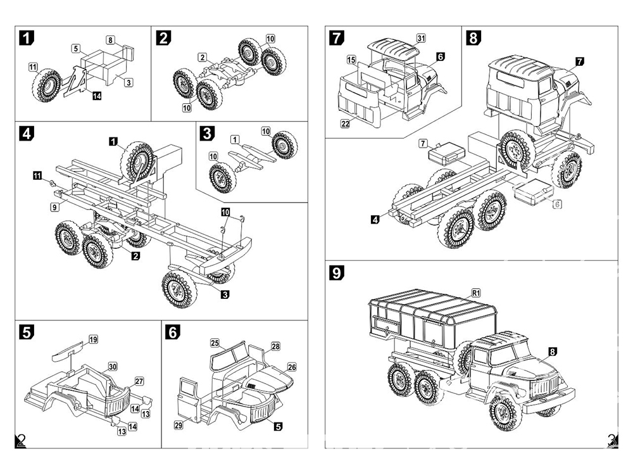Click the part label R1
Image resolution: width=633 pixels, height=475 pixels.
pos(477,293)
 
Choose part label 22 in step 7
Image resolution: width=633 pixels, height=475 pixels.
pos(345,123)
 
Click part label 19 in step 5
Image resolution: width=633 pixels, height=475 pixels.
pos(93,339)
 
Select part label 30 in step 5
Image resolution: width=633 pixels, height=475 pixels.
pos(113,367)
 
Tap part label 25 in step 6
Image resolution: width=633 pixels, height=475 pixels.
pos(215,343)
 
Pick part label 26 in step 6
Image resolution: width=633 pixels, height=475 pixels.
pos(292,366)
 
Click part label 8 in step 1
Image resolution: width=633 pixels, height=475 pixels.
pos(110,40)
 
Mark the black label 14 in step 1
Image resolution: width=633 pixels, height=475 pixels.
pos(96,96)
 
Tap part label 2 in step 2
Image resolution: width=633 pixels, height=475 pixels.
pos(202,57)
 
